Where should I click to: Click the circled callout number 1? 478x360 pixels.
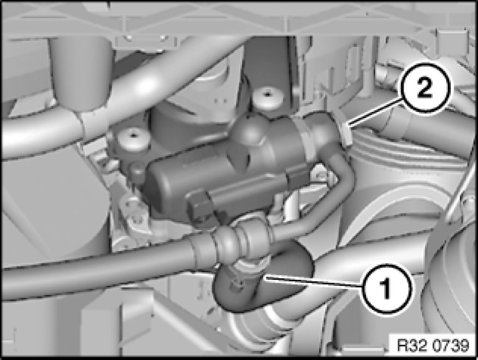point(386,288)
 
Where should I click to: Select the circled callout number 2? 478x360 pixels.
point(425,89)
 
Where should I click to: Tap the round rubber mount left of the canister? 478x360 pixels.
point(133,139)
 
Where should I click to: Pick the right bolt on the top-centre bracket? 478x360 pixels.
point(163,38)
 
